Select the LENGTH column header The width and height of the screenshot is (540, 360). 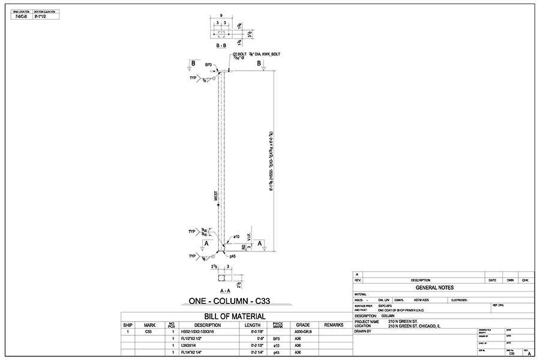coord(252,325)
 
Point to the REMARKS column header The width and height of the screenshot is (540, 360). coord(333,325)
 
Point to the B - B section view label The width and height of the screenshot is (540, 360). coord(221,45)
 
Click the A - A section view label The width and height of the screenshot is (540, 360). coord(221,289)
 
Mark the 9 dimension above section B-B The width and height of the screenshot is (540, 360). coord(221,16)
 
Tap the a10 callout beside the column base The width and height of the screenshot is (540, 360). coord(236,236)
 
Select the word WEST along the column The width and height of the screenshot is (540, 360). coord(216,196)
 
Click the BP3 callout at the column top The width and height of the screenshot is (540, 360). coord(208,64)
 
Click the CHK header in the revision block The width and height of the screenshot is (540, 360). coord(524,280)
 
